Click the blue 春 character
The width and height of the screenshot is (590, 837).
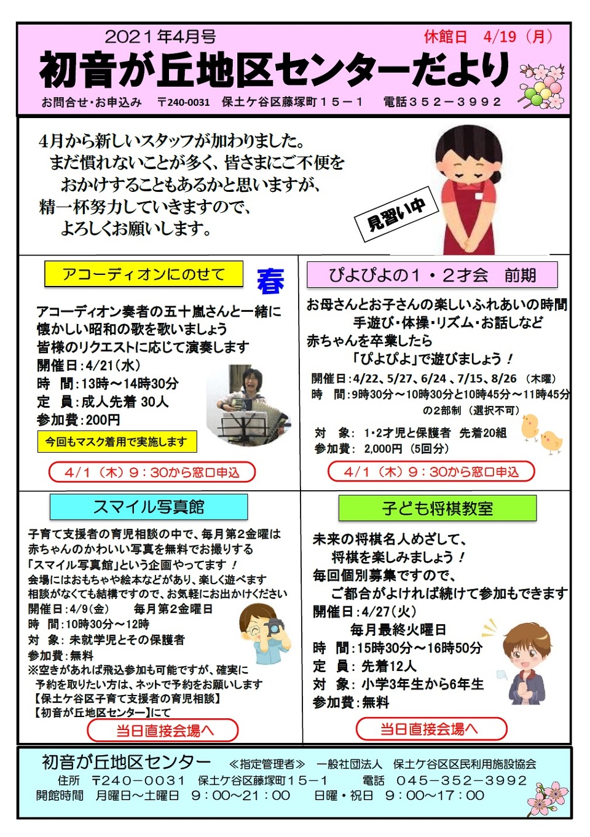(271, 280)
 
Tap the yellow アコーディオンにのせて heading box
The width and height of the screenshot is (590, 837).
(144, 274)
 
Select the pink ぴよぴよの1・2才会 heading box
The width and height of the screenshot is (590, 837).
(432, 275)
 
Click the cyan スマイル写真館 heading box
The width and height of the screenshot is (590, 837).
(149, 507)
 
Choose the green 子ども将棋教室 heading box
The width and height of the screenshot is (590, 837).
(437, 508)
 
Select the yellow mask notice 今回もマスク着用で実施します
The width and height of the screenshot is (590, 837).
(117, 442)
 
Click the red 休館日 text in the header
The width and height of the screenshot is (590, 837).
(445, 38)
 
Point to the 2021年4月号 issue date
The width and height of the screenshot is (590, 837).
(160, 37)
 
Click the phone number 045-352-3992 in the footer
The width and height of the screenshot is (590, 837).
(462, 781)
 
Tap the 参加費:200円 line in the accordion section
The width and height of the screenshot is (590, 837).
(78, 421)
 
